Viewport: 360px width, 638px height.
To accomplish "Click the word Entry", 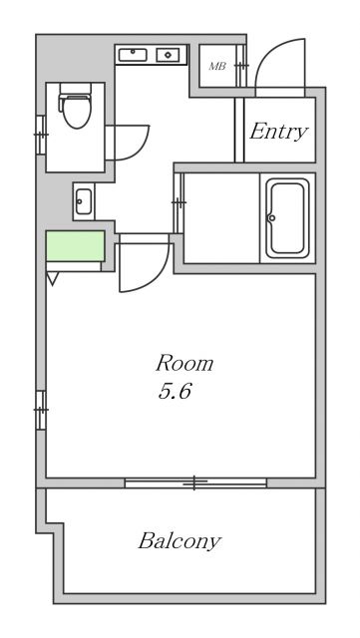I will coord(278,132).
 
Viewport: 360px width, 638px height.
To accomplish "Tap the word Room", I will coord(183,363).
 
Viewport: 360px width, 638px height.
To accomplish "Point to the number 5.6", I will coord(174,391).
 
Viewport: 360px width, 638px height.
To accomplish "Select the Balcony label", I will coord(180,542).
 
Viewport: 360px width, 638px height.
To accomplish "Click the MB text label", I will coord(216,67).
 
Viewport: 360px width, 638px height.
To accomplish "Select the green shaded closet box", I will coord(74,246).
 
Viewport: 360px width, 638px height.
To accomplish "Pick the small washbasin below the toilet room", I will coord(83,200).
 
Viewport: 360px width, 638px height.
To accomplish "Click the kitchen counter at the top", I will coord(152,55).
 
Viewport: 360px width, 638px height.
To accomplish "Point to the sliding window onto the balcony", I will coord(195,483).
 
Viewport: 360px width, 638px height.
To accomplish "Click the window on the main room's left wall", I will coord(41,410).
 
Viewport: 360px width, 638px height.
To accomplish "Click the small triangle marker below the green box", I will coord(51,280).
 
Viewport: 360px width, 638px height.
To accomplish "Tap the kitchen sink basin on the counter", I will coord(133,55).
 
